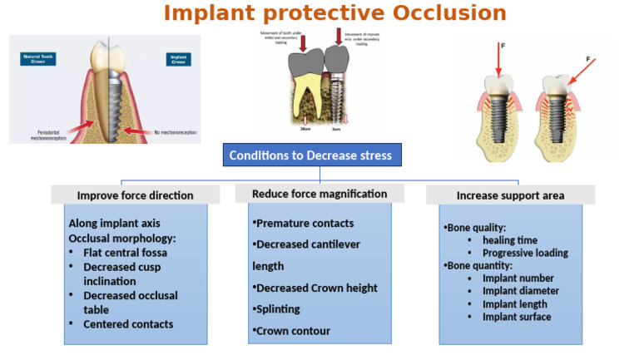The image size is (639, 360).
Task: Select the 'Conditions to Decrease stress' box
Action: pos(311,155)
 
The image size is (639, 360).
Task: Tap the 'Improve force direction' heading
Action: pos(135,195)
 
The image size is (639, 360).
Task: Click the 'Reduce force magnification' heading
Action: pos(319,194)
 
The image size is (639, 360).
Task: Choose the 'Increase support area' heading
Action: pos(510,195)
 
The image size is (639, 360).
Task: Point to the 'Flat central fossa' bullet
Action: pos(125,252)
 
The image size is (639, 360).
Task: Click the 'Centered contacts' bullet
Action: pos(128,324)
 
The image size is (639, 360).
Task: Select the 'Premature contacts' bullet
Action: pos(305,224)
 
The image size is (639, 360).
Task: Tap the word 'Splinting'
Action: pos(280,309)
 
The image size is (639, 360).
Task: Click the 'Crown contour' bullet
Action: pos(293,331)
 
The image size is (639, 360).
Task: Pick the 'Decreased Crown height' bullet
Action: pos(316,288)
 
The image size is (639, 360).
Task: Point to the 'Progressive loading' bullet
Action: pos(525,253)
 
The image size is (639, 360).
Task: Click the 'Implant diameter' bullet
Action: pos(521,291)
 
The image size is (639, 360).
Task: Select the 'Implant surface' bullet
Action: pos(517,317)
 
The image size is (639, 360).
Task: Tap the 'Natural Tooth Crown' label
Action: pos(38,59)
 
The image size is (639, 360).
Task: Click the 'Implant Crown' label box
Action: pos(178,59)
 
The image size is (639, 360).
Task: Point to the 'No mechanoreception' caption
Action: pos(171,131)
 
